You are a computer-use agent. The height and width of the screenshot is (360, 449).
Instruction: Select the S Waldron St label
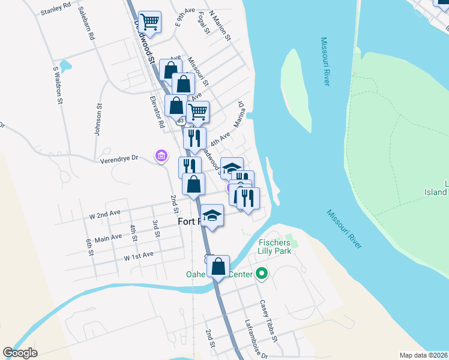pyautogui.click(x=57, y=85)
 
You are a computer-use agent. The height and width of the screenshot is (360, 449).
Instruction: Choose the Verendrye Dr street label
pyautogui.click(x=118, y=158)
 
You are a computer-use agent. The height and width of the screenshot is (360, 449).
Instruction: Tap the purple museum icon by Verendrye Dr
pyautogui.click(x=160, y=156)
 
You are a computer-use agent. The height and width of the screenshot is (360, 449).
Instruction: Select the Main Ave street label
pyautogui.click(x=108, y=238)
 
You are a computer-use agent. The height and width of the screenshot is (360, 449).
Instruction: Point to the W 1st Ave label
pyautogui.click(x=139, y=256)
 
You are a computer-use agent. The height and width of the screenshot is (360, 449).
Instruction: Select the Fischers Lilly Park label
pyautogui.click(x=275, y=246)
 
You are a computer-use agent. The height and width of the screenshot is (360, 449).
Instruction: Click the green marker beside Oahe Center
pyautogui.click(x=261, y=275)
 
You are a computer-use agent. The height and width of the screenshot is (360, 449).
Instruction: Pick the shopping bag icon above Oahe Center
pyautogui.click(x=219, y=265)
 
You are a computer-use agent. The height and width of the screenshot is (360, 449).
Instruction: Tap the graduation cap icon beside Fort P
pyautogui.click(x=212, y=215)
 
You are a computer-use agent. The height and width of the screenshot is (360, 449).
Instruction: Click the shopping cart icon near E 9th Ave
pyautogui.click(x=149, y=22)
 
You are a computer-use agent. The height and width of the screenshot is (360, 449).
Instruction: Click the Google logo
pyautogui.click(x=20, y=353)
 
